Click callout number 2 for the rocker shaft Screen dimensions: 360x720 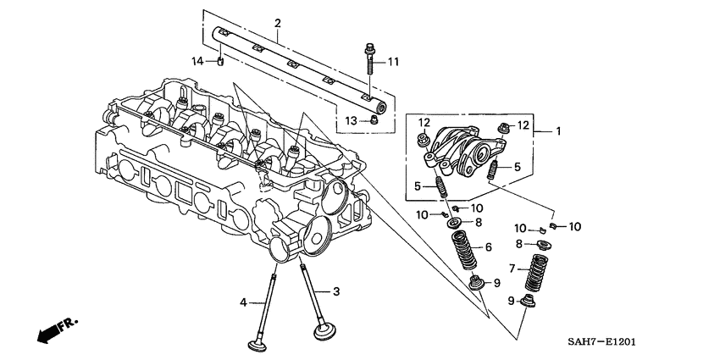click(277, 23)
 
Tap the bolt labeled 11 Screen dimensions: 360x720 click(371, 59)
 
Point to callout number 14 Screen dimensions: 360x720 click(197, 61)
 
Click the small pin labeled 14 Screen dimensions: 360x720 click(219, 61)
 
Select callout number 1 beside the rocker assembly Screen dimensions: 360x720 click(558, 131)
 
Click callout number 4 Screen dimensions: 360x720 click(242, 302)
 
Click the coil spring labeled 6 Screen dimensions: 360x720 click(464, 249)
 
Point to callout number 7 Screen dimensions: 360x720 click(511, 269)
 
